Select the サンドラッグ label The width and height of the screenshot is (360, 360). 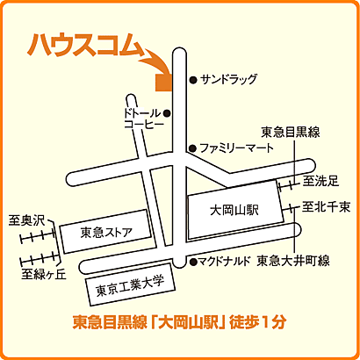point(228,80)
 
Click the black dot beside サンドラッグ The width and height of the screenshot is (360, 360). point(192,80)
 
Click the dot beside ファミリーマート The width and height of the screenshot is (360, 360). point(192,148)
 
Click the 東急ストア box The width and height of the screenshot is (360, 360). point(105,233)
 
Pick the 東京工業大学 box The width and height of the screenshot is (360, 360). point(130,285)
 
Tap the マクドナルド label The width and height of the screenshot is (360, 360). point(224,262)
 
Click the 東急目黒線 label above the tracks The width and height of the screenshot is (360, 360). point(290,133)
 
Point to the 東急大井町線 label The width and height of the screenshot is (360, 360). point(292,262)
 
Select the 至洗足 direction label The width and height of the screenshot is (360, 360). point(320,182)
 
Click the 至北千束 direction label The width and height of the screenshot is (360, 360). point(326,207)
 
